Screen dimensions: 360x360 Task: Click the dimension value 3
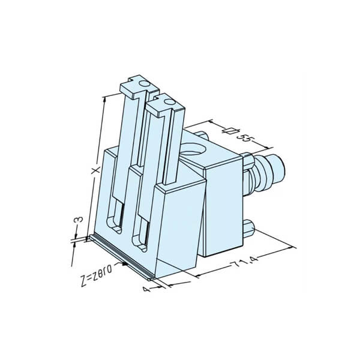(x=78, y=220)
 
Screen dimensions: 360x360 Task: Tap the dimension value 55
(x=245, y=139)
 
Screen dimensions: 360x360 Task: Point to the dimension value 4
(x=147, y=289)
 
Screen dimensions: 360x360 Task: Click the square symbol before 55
(x=229, y=131)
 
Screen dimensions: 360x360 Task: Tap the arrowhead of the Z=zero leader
(x=125, y=264)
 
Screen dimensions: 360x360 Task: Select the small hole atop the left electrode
(x=145, y=83)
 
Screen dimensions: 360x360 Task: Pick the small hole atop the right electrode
(x=169, y=102)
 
